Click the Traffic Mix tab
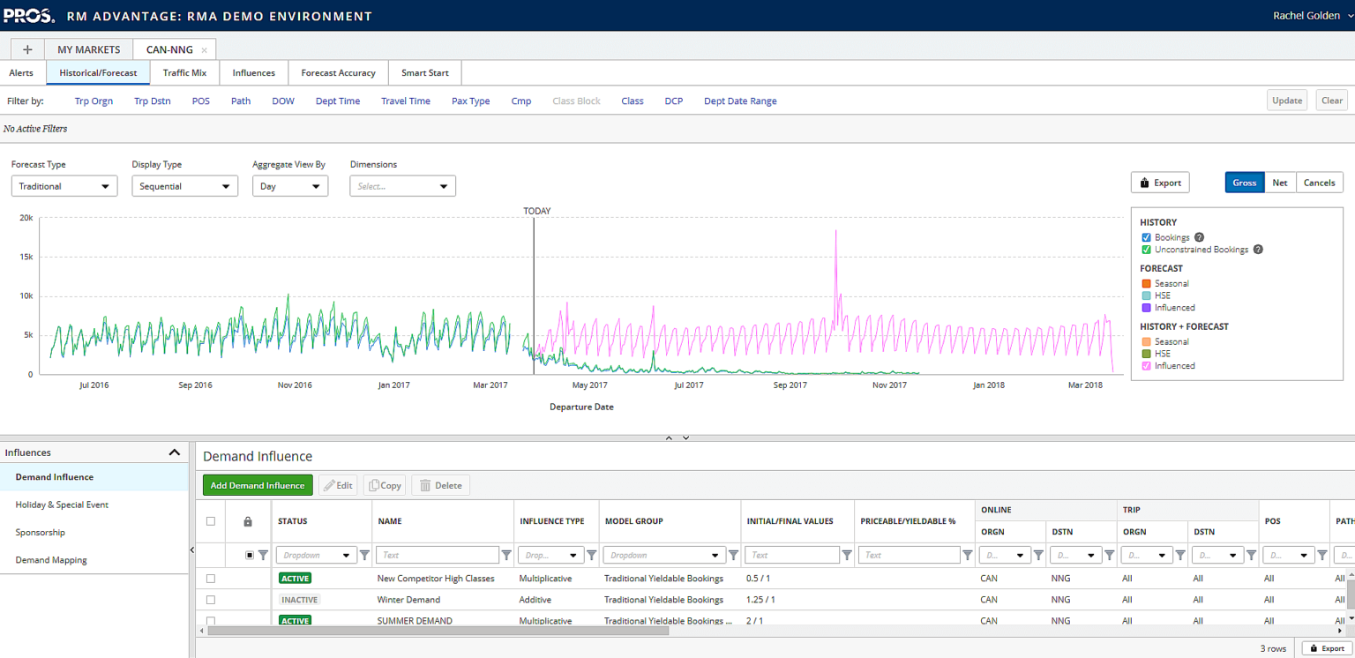coord(184,73)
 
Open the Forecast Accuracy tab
coord(338,73)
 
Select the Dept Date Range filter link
coord(739,101)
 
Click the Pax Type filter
coord(470,101)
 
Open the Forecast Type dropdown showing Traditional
coord(64,186)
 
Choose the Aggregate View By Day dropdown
coord(289,186)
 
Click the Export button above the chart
coord(1159,183)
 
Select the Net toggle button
coord(1279,183)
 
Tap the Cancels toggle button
coord(1319,183)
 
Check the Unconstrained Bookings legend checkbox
coord(1146,250)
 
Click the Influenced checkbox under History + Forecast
coord(1146,366)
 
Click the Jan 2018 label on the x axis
coord(988,385)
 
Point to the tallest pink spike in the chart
coord(835,233)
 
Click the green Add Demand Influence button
coord(258,485)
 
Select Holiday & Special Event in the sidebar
coord(62,505)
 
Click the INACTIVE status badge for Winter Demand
coord(299,600)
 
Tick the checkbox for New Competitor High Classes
coord(210,579)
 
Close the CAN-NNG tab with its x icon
coord(205,50)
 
